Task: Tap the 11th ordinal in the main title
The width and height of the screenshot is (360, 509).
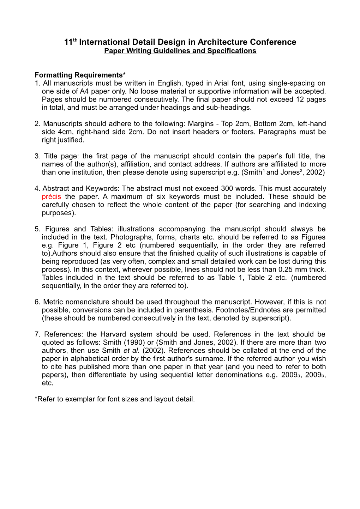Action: pos(70,42)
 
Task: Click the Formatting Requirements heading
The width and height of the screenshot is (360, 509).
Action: pos(80,75)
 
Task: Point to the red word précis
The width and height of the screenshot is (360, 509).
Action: pos(51,197)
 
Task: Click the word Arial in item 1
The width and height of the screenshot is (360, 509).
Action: pos(221,83)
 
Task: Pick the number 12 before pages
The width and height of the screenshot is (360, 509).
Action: pos(300,99)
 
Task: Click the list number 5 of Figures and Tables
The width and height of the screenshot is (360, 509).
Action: pos(37,229)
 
